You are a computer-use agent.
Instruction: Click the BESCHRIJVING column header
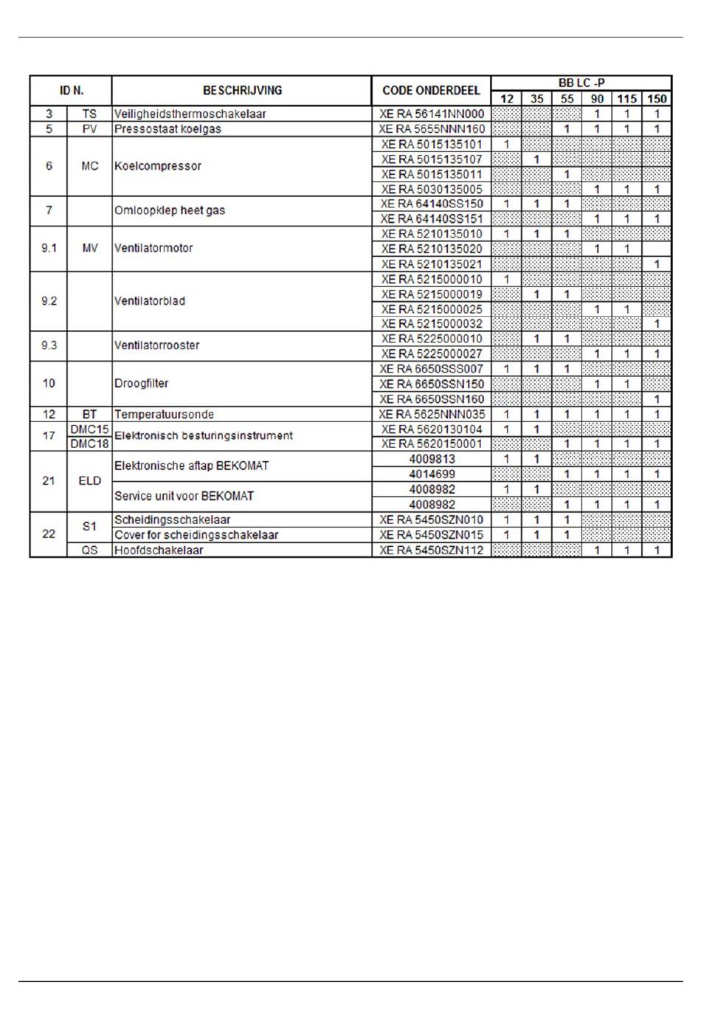tap(242, 91)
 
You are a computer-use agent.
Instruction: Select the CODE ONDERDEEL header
tap(431, 91)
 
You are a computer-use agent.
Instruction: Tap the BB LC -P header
tap(581, 83)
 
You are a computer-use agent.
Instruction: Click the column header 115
tap(626, 99)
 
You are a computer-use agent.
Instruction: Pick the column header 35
tap(536, 99)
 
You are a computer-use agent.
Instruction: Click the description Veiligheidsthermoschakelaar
tap(190, 114)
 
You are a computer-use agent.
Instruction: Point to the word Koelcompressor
tap(158, 166)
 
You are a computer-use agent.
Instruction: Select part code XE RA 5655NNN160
tap(432, 129)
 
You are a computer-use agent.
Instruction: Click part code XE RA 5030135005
tap(432, 189)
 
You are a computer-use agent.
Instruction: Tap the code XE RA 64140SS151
tap(432, 219)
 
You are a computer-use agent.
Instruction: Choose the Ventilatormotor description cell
tap(153, 248)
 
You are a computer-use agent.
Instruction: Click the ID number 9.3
tap(49, 345)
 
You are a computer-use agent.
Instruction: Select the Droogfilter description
tap(142, 383)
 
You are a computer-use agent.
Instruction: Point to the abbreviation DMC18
tap(89, 444)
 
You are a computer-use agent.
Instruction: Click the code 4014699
tap(432, 474)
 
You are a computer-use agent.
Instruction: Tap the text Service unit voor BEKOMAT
tap(184, 496)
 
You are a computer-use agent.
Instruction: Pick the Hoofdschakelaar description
tap(159, 550)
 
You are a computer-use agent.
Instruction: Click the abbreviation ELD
tap(89, 481)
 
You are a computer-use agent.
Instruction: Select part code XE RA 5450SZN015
tap(432, 535)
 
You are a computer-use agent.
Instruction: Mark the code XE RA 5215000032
tap(432, 324)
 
